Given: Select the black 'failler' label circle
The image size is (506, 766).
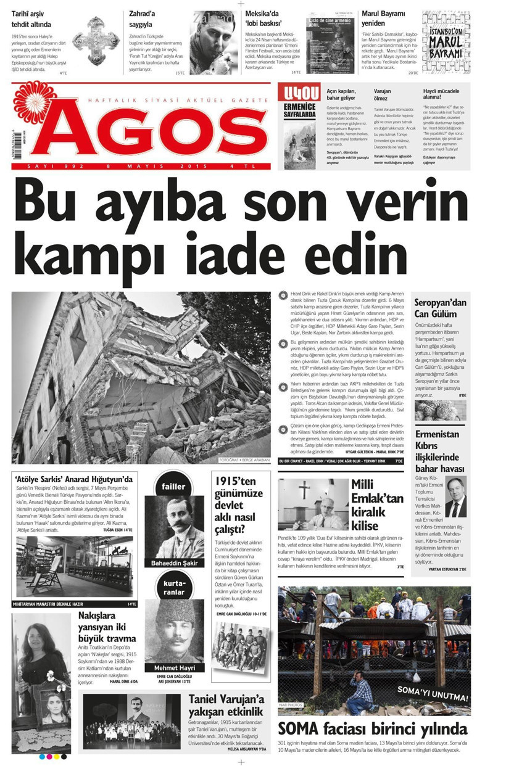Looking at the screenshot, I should tap(173, 487).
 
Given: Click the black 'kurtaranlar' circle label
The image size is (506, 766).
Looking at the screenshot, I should tap(173, 587).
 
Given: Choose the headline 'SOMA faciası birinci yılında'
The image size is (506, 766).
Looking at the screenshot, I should tap(372, 728).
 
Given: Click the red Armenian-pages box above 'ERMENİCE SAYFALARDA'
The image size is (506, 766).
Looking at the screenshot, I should tap(299, 94).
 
